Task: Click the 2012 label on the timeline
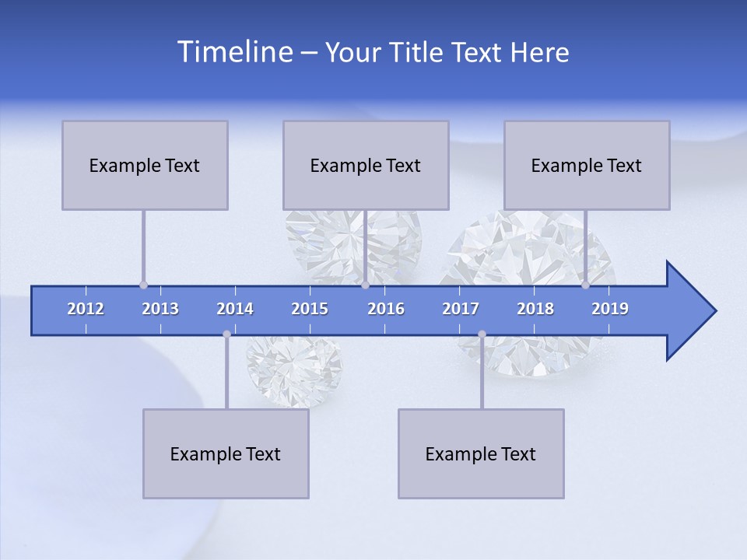(x=86, y=309)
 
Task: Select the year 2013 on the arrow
(x=160, y=309)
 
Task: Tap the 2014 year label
(x=235, y=309)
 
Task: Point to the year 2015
(x=310, y=309)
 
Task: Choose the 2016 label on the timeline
(x=386, y=309)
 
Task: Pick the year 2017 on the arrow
(x=461, y=309)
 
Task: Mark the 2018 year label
(x=535, y=309)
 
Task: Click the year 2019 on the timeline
(x=610, y=309)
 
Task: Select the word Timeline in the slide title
(x=233, y=51)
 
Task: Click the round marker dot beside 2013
(x=143, y=285)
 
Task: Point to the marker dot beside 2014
(x=226, y=334)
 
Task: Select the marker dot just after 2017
(x=482, y=334)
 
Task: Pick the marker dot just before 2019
(x=585, y=285)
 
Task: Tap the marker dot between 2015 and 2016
(x=365, y=285)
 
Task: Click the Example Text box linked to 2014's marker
(x=226, y=453)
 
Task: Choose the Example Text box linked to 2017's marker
(x=481, y=453)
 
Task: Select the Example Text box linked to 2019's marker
(x=587, y=165)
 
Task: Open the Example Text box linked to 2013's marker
(x=145, y=165)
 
